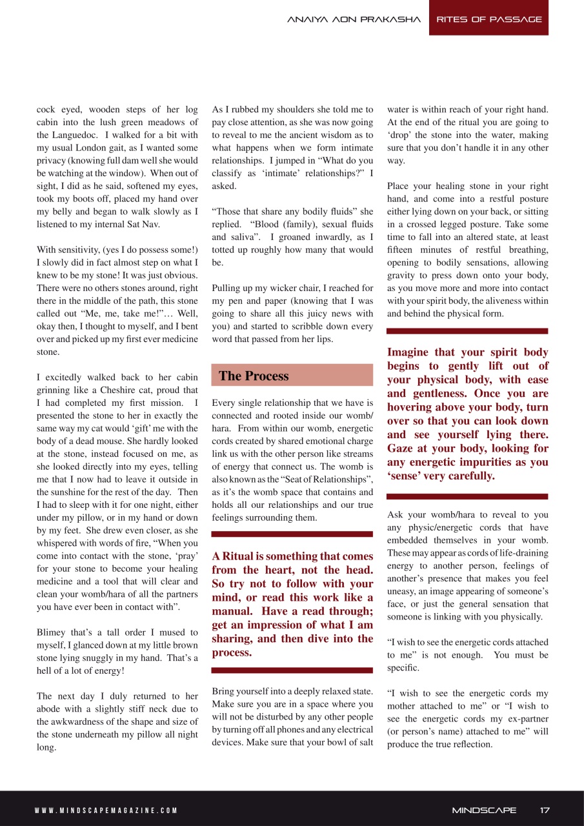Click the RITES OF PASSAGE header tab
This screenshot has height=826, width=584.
tap(488, 19)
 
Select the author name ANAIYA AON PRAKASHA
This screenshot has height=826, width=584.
tap(354, 19)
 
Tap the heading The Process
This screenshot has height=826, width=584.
tap(254, 376)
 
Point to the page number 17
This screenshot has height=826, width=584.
tap(545, 810)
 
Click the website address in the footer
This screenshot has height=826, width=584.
tap(106, 811)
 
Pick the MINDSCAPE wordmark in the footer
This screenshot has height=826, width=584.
tap(484, 810)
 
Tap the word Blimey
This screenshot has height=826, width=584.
tap(55, 632)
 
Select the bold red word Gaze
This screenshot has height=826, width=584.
tap(401, 448)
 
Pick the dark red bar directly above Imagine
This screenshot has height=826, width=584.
tap(467, 331)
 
